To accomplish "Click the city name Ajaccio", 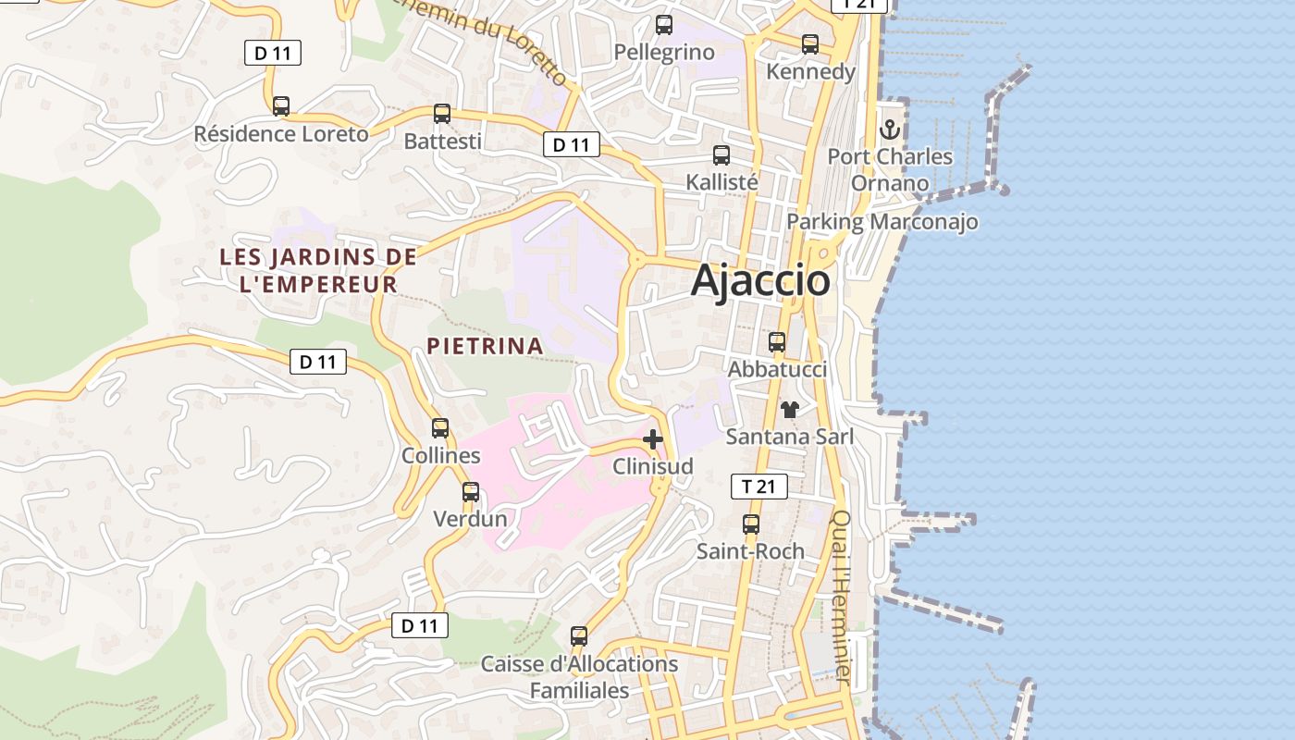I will point(760,280).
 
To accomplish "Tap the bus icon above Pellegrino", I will point(663,25).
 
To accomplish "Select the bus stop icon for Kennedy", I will point(810,44).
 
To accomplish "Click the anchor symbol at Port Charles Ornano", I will point(890,129).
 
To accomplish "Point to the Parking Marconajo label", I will point(882,222).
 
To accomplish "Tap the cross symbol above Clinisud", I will point(653,439).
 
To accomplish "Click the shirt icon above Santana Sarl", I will point(790,410).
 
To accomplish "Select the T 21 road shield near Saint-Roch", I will point(759,487).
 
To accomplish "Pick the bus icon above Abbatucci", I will point(777,342).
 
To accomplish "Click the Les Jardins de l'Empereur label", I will point(318,270).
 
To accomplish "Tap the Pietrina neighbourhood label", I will point(485,346).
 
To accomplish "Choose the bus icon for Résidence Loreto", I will point(281,106).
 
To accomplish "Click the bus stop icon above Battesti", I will point(442,114).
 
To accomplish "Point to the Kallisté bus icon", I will point(721,155).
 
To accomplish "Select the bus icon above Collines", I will point(440,428).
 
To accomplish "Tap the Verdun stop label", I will point(471,519).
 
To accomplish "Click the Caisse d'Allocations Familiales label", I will point(579,677).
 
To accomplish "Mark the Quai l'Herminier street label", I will point(841,598).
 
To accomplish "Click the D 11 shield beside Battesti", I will point(572,144).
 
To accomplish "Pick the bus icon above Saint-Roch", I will point(751,524).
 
